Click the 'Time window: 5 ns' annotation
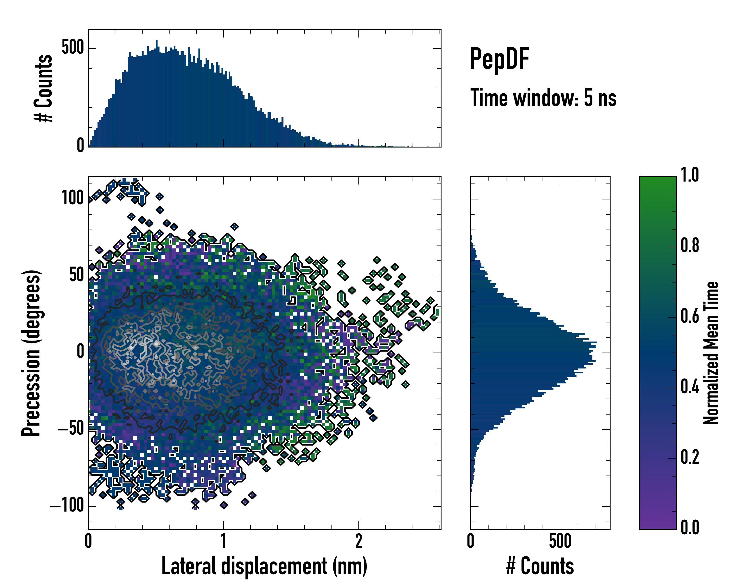[543, 98]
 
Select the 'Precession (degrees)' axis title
[31, 353]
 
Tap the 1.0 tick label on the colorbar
[690, 175]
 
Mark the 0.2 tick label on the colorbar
[690, 457]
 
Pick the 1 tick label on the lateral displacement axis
[223, 541]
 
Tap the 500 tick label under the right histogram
[560, 541]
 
